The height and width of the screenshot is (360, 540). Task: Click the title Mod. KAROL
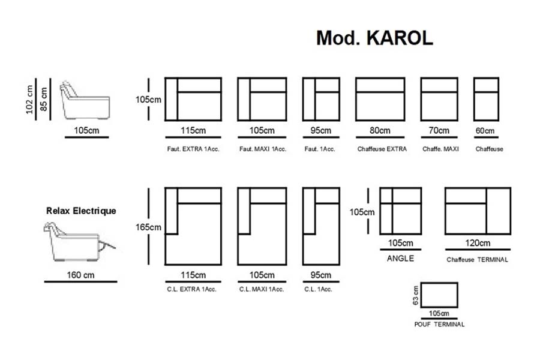374,38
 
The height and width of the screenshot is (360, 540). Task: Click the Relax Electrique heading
81,211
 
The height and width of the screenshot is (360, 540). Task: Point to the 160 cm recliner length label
81,276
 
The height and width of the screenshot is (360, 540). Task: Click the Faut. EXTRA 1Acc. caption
193,149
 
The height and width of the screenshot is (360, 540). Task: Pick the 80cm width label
380,131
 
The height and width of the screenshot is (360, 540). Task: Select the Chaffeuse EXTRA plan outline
380,99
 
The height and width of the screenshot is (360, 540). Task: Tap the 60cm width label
486,131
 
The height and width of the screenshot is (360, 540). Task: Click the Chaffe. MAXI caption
440,149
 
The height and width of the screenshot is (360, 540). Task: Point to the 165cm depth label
149,227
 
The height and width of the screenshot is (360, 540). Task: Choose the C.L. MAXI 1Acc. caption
260,289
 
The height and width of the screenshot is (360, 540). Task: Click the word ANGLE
400,259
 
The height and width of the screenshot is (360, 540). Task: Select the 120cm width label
478,243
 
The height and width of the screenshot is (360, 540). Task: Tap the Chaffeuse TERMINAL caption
478,260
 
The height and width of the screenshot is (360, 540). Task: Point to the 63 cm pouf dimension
415,296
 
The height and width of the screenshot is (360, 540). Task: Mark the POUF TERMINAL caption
440,324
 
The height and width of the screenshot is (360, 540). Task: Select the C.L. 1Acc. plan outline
317,227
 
